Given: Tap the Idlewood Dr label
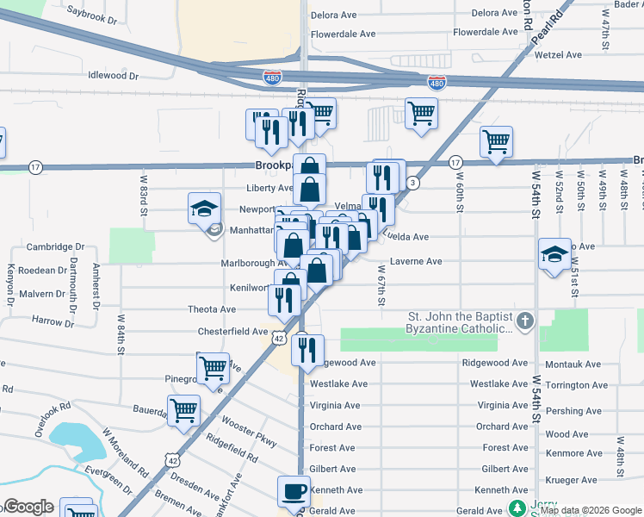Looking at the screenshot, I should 114,75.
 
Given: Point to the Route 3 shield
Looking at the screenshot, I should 414,183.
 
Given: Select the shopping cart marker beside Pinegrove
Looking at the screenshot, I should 213,368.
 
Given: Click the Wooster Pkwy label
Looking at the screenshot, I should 248,433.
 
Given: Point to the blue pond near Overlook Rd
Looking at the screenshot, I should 72,442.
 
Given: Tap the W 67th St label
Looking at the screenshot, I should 379,285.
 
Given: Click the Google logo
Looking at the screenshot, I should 28,507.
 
